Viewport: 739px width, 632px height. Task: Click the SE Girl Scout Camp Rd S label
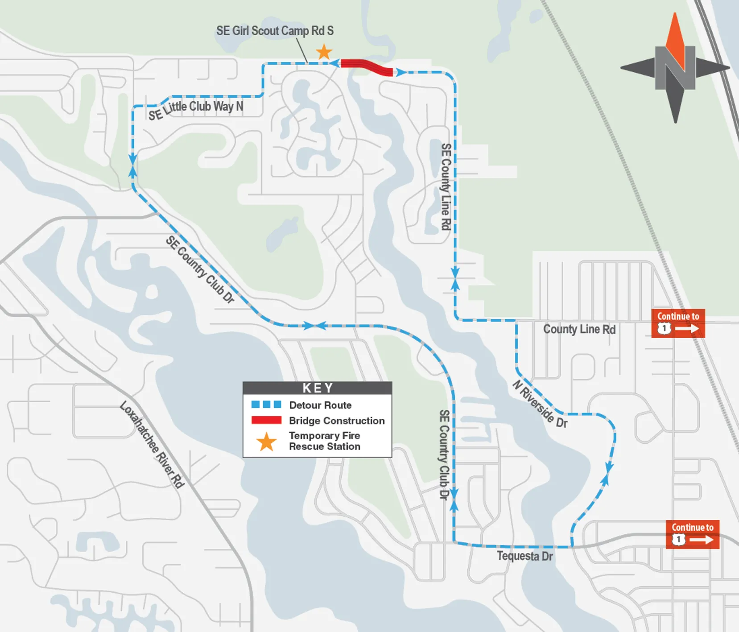click(275, 31)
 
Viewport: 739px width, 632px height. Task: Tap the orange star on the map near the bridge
click(324, 52)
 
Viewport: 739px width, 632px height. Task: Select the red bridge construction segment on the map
click(367, 67)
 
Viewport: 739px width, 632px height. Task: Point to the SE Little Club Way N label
click(196, 109)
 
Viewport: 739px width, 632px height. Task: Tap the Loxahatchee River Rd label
click(152, 445)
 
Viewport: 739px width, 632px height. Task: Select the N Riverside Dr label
click(540, 404)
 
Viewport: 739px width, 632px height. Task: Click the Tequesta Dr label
click(524, 556)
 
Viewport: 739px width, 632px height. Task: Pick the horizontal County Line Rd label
click(579, 329)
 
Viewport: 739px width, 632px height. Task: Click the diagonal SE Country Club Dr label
click(200, 269)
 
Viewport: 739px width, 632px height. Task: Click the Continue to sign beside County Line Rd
click(678, 323)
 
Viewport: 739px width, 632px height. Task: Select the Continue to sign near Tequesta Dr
click(692, 534)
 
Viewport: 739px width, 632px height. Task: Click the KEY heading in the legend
click(318, 388)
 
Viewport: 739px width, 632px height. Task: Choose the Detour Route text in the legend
click(320, 405)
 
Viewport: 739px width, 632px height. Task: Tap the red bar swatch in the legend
click(266, 420)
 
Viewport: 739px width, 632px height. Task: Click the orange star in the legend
click(266, 441)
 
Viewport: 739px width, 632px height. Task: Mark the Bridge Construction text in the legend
click(337, 421)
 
